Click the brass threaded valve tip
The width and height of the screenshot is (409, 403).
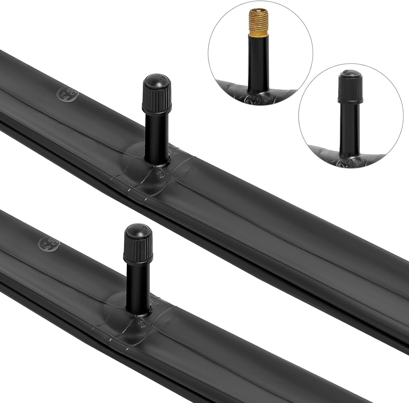257,22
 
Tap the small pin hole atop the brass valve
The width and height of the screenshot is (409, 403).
257,11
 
